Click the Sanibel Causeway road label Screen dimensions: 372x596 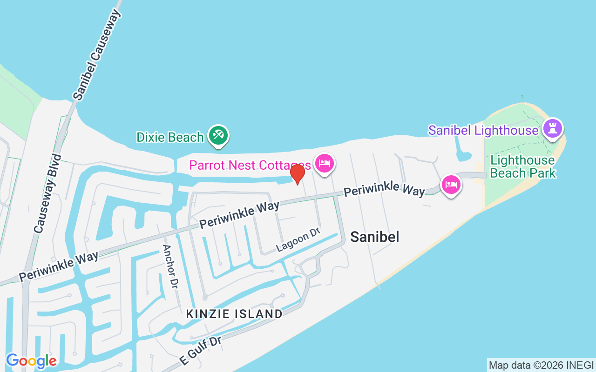[97, 55]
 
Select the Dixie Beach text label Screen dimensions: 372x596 [170, 137]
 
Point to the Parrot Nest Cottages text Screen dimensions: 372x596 [250, 165]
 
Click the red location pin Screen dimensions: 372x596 [297, 174]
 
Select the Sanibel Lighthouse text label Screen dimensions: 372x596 [483, 130]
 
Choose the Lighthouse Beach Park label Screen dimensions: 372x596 [522, 167]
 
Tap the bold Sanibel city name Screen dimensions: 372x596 [374, 237]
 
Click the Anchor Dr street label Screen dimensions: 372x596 [170, 266]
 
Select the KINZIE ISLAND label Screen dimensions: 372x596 [234, 314]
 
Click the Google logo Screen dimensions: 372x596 [31, 361]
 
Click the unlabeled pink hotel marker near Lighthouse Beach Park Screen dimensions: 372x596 [451, 185]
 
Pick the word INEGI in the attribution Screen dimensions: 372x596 [581, 365]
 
